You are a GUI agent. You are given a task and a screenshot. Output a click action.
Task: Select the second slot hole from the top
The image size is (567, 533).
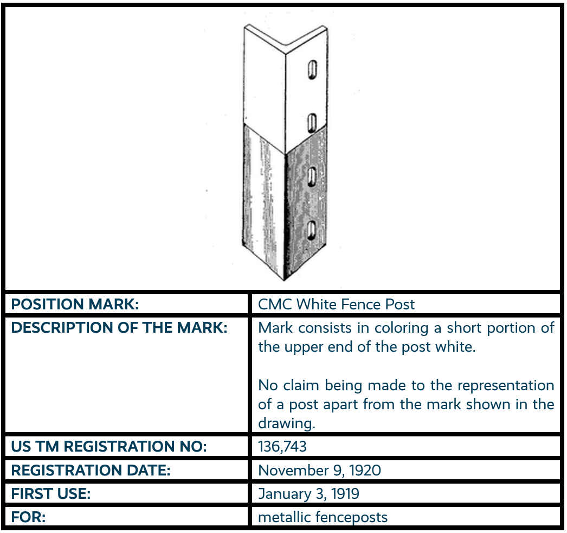click(x=312, y=123)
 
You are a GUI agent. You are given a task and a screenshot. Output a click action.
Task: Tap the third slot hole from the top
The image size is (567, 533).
click(x=312, y=177)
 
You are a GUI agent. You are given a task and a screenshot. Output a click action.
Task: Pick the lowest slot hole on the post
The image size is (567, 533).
click(x=312, y=230)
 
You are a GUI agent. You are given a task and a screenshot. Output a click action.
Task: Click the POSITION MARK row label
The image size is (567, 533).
click(x=75, y=304)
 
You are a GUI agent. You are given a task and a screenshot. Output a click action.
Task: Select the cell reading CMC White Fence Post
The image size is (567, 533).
click(x=336, y=304)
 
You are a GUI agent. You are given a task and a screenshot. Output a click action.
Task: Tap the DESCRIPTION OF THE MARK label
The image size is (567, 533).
click(x=119, y=328)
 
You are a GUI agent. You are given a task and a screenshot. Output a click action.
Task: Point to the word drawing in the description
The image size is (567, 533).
click(x=286, y=423)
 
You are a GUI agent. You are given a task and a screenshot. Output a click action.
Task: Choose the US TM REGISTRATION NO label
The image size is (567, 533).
click(x=109, y=447)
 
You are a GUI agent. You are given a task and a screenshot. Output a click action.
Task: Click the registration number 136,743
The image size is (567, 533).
click(x=282, y=447)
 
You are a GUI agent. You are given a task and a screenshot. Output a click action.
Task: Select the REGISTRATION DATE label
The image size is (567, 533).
click(x=91, y=470)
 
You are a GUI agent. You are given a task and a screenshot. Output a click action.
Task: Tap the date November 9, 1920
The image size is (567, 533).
click(x=319, y=470)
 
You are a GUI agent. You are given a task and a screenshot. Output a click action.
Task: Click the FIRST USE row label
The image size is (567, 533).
click(x=51, y=493)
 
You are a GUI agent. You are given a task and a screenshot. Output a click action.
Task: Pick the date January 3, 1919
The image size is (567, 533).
click(x=308, y=493)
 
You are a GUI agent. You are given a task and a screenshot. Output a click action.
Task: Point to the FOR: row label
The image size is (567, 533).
click(x=28, y=517)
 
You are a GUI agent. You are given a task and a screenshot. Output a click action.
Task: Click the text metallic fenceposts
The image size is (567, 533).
click(x=323, y=517)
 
